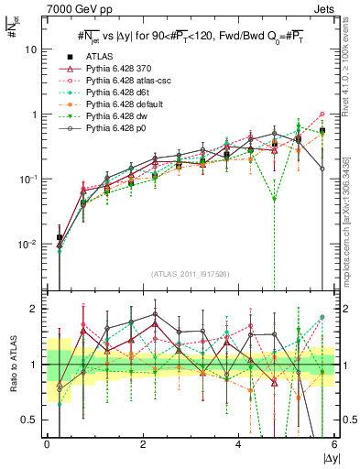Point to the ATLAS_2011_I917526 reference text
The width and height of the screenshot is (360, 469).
[191, 274]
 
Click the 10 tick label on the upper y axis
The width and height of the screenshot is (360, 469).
[32, 49]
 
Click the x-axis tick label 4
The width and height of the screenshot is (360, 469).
[238, 445]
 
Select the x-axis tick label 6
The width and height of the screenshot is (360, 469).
[333, 445]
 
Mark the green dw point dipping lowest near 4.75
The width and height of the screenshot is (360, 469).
[274, 198]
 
